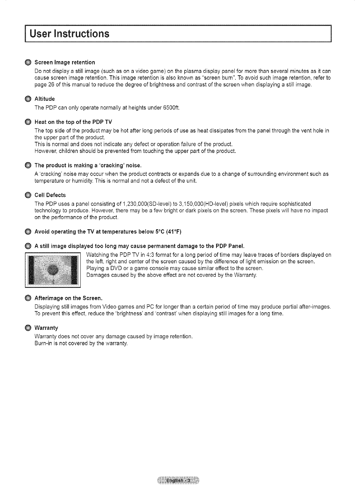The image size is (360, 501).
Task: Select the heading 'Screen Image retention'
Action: pyautogui.click(x=65, y=62)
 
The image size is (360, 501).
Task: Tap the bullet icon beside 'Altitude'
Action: pyautogui.click(x=28, y=99)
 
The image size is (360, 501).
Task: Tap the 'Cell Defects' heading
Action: pyautogui.click(x=50, y=195)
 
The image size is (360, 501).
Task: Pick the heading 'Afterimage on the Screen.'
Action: pyautogui.click(x=68, y=298)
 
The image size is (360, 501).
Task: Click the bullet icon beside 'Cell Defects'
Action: pyautogui.click(x=28, y=195)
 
